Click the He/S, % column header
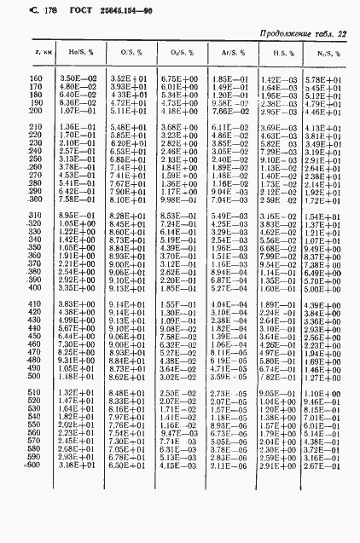point(80,53)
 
